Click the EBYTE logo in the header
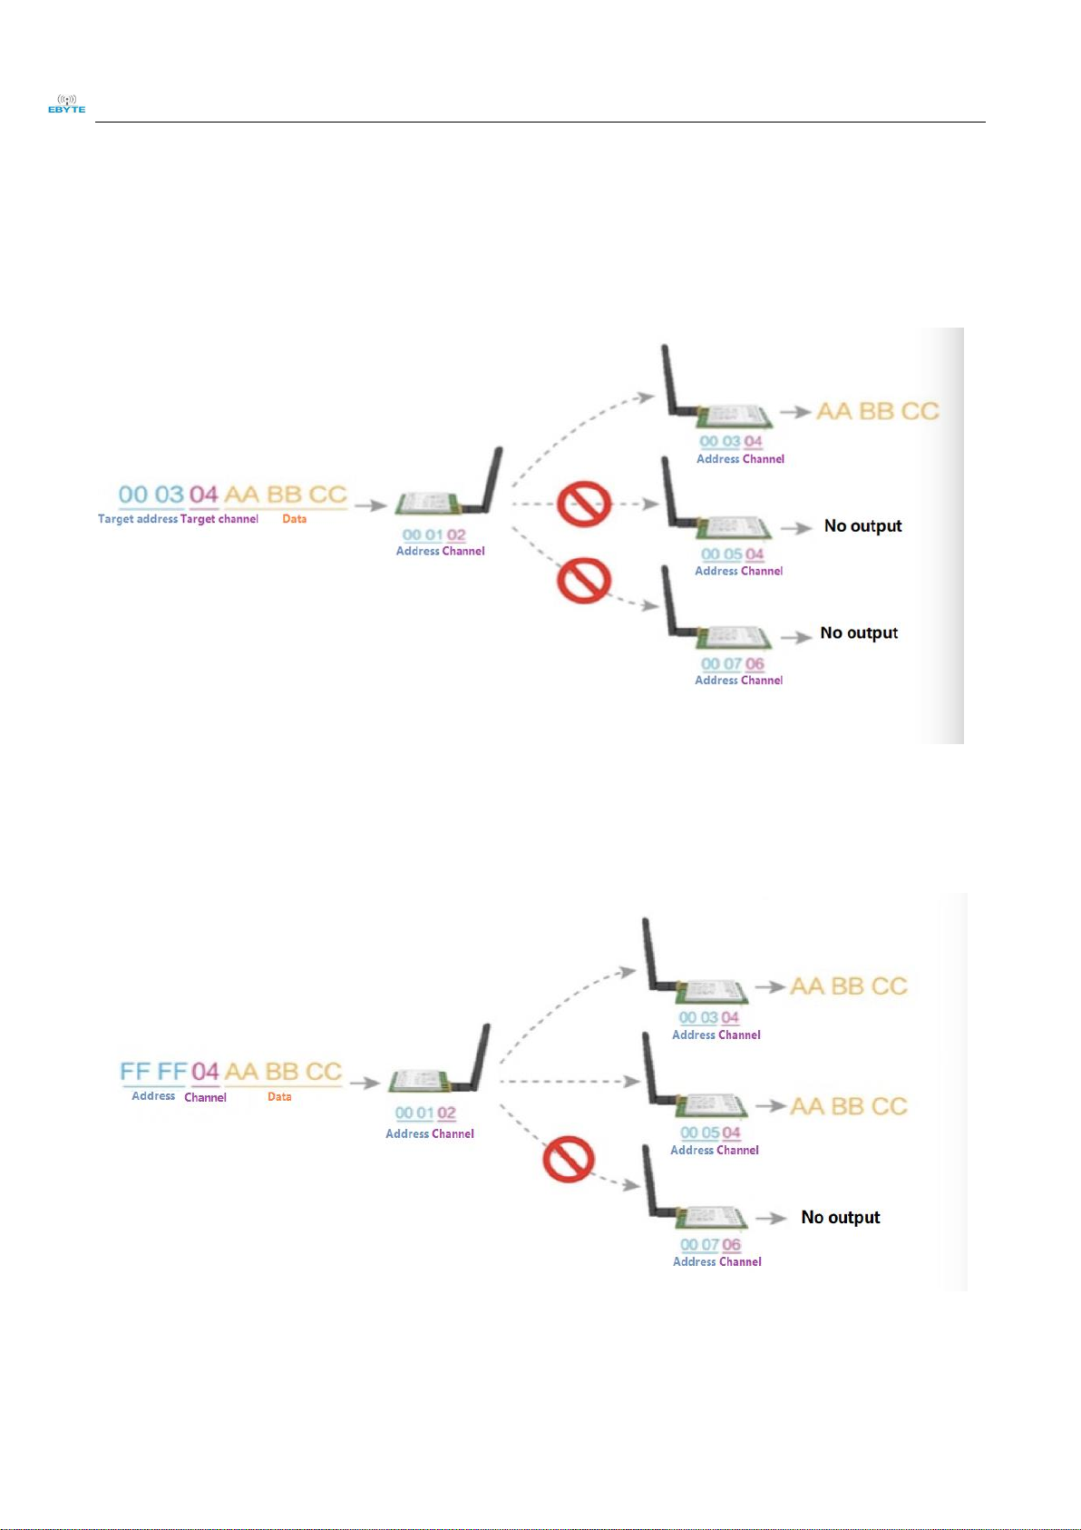pos(66,104)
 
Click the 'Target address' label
pos(137,519)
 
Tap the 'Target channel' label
pos(219,519)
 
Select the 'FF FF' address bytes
pos(153,1072)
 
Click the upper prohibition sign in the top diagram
pos(583,504)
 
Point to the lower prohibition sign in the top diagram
pos(583,580)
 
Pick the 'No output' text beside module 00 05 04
pos(862,526)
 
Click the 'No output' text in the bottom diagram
pos(840,1218)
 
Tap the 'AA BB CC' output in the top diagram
pos(877,411)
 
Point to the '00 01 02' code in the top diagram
pos(433,535)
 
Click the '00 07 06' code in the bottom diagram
pos(710,1245)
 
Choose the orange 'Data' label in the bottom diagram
pos(279,1097)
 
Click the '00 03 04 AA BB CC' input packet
pos(233,495)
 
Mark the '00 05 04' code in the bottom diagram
pos(710,1133)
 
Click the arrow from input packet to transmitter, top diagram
pos(370,505)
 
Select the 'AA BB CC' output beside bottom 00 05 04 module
pos(848,1106)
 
